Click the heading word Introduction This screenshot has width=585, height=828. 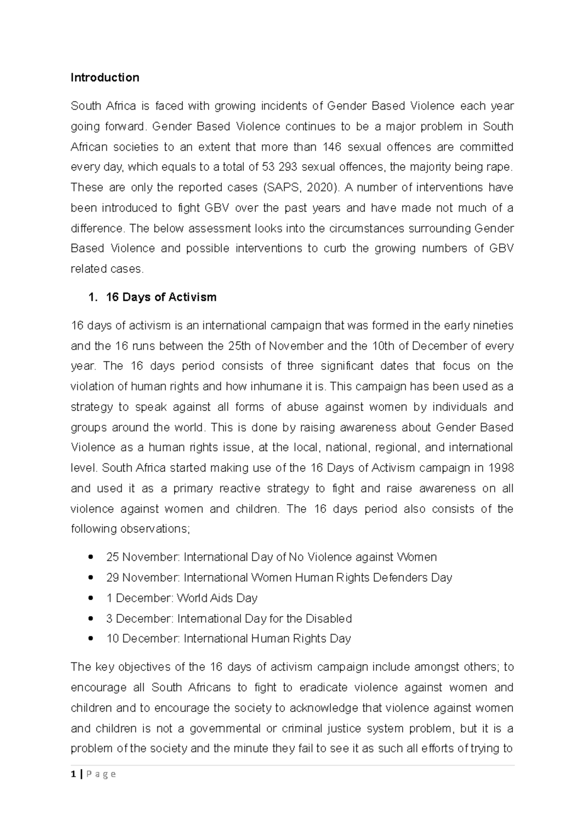[x=105, y=78]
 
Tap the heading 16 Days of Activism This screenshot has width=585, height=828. [x=161, y=297]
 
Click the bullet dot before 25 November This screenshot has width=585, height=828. [x=91, y=557]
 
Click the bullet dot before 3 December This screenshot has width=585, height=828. [x=91, y=618]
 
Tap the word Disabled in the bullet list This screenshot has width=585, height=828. [x=329, y=618]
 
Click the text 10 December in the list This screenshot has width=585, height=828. [x=143, y=638]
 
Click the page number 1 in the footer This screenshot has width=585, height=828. [x=73, y=774]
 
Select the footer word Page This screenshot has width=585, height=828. [x=101, y=774]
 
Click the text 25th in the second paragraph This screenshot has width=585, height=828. [x=239, y=346]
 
